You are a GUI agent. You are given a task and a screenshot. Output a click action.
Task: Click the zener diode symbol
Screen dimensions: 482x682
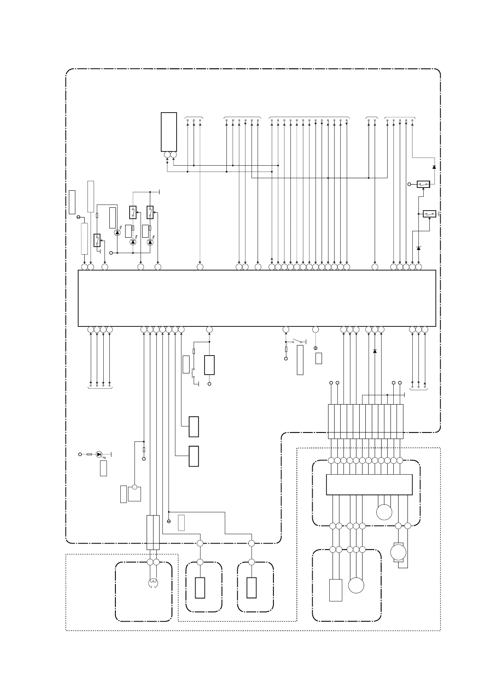coord(418,248)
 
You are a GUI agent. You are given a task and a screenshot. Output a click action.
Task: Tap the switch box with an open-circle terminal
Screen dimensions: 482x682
coord(423,184)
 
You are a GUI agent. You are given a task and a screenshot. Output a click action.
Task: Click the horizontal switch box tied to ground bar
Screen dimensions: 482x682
coord(429,213)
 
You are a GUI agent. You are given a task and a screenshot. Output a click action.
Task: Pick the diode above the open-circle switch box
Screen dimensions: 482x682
coord(434,167)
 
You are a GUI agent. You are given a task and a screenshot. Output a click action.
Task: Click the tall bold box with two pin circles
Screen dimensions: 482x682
coord(169,132)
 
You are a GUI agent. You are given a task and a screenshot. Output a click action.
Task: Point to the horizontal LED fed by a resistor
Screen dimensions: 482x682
coord(99,454)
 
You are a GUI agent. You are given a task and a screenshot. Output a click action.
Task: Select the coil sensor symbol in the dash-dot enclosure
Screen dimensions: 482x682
coord(153,583)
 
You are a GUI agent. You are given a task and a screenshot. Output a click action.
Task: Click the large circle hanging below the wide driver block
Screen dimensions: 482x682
coord(384,512)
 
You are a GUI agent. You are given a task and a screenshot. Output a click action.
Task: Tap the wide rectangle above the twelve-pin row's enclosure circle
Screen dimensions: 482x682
coord(369,484)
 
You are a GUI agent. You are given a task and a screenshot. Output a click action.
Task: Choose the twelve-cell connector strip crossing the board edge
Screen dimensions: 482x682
coord(365,421)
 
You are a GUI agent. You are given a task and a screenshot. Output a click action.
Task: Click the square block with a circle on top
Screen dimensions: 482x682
coord(134,494)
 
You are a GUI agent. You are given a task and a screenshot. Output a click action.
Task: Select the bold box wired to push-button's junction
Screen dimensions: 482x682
coord(209,365)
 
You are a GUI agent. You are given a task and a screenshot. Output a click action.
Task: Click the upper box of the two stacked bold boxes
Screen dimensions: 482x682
coord(194,426)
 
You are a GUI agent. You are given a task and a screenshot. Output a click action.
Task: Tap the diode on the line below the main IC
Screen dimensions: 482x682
coord(375,351)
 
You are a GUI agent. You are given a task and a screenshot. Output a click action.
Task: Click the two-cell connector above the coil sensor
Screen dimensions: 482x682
coord(153,532)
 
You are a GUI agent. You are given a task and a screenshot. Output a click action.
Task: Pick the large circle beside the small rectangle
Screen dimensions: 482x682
coord(356,585)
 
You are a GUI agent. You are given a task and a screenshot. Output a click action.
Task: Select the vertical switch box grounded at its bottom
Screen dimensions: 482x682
coord(97,240)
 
